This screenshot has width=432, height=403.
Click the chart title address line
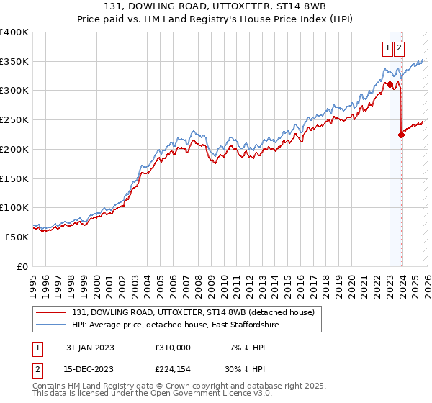pos(215,6)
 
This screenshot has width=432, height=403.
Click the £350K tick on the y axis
pos(14,62)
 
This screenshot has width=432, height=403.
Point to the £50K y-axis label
pos(17,237)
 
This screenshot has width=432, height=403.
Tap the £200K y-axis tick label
pos(14,150)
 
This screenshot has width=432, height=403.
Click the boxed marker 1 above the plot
pos(387,48)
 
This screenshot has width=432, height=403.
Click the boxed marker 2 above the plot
pos(399,48)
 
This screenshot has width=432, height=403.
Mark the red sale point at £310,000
pos(390,85)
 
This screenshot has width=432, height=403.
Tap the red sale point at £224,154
pos(401,135)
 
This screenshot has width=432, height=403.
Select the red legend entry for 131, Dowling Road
pos(193,313)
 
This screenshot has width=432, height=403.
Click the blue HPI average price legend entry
pos(185,325)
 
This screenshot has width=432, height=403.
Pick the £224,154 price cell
pos(172,369)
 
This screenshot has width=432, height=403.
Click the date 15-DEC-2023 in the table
pos(90,369)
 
